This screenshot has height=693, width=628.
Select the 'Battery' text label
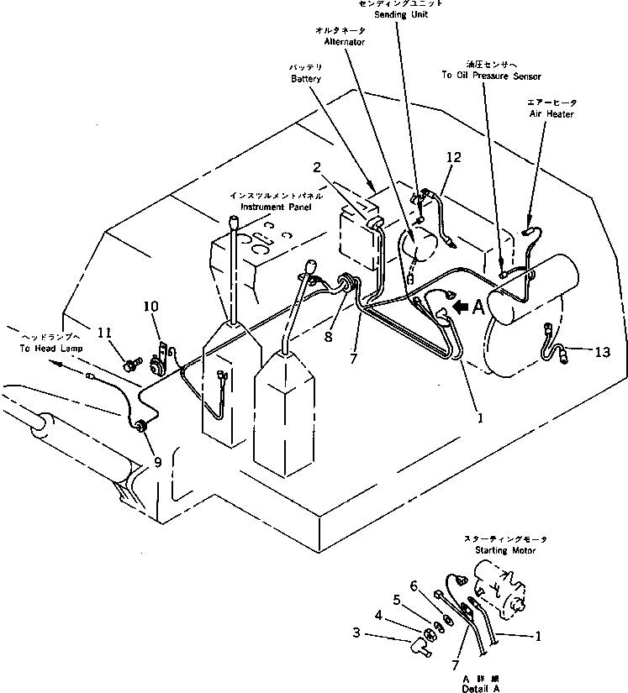306,78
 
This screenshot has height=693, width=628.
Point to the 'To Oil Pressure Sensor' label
485,76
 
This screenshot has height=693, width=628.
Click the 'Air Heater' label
551,113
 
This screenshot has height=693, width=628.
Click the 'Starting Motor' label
505,550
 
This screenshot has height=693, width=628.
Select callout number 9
158,460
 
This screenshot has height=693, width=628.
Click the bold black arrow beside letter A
460,308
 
